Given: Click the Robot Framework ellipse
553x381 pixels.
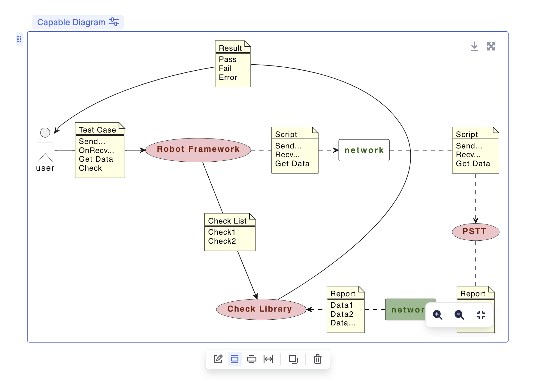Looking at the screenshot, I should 198,150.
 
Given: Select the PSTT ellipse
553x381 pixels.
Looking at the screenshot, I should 475,232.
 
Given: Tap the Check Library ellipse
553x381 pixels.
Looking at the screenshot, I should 260,309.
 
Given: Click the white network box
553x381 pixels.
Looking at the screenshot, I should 364,150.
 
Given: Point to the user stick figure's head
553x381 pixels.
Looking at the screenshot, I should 45,133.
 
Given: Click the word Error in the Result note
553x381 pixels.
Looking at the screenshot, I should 228,78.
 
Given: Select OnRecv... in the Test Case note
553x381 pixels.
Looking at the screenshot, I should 96,150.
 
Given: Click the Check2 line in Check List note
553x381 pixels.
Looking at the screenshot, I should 222,241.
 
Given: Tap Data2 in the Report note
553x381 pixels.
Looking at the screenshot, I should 342,314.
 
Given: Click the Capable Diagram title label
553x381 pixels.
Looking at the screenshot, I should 71,22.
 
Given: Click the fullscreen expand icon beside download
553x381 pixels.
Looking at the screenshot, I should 491,46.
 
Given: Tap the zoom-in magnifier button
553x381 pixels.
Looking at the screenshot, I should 437,315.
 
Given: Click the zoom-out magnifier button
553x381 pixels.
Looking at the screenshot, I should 459,315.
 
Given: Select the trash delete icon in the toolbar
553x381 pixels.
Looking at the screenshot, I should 317,359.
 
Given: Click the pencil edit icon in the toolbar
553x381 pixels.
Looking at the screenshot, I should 218,359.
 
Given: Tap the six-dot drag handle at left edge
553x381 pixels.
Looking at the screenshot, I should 19,39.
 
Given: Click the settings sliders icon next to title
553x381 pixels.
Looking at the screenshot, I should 114,22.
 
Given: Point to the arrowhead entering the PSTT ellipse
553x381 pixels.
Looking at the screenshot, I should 476,221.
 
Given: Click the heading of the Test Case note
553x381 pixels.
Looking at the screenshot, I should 97,130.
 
